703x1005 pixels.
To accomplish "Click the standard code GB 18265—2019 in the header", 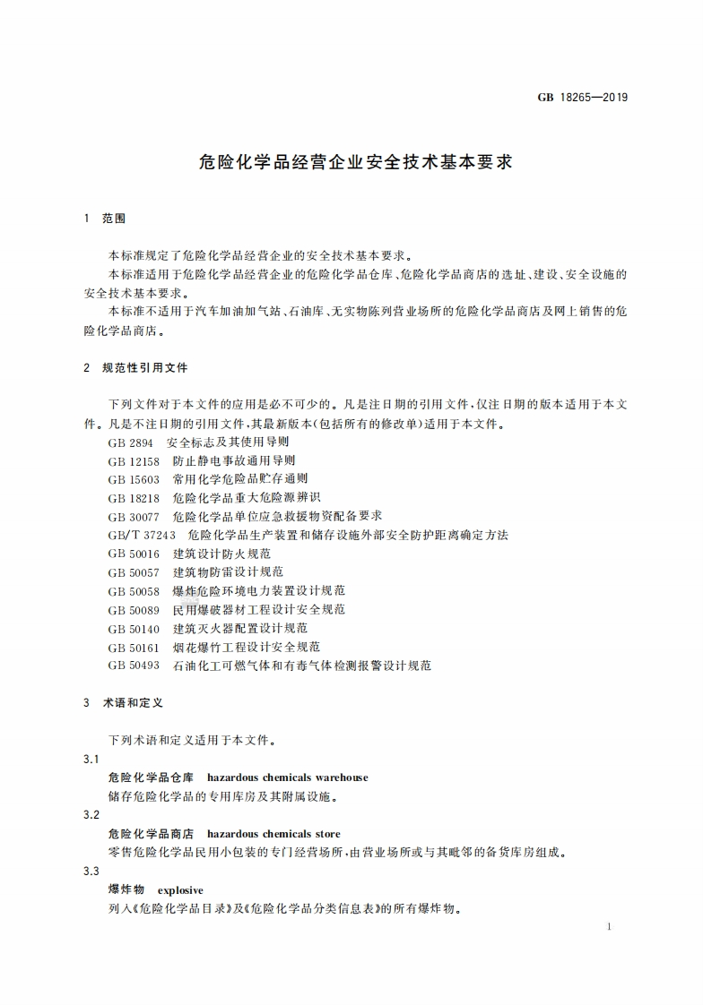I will pyautogui.click(x=583, y=98).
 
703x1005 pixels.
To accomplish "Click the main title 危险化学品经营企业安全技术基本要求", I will pyautogui.click(x=355, y=164).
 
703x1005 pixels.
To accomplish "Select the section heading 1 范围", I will pyautogui.click(x=104, y=219).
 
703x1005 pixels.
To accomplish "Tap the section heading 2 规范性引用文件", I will pyautogui.click(x=135, y=368).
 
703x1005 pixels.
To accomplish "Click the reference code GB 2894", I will pyautogui.click(x=130, y=442).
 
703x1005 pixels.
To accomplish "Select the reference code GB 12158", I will pyautogui.click(x=134, y=461).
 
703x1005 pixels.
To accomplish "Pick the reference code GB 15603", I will pyautogui.click(x=134, y=479).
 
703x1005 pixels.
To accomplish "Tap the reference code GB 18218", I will pyautogui.click(x=134, y=498).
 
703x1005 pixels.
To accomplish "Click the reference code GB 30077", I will pyautogui.click(x=134, y=517).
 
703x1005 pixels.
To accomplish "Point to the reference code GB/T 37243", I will pyautogui.click(x=142, y=536).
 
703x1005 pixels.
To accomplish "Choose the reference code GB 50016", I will pyautogui.click(x=134, y=554).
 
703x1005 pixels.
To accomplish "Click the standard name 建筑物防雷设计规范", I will pyautogui.click(x=228, y=572).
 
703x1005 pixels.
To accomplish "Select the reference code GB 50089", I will pyautogui.click(x=134, y=610).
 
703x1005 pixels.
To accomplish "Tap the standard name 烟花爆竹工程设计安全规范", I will pyautogui.click(x=247, y=647).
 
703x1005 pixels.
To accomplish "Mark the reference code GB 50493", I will pyautogui.click(x=134, y=666).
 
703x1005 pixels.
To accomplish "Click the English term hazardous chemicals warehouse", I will pyautogui.click(x=287, y=777).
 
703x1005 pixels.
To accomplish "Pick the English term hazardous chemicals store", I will pyautogui.click(x=273, y=834).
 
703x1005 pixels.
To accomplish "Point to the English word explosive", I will pyautogui.click(x=180, y=890).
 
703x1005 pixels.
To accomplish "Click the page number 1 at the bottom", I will pyautogui.click(x=609, y=926).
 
